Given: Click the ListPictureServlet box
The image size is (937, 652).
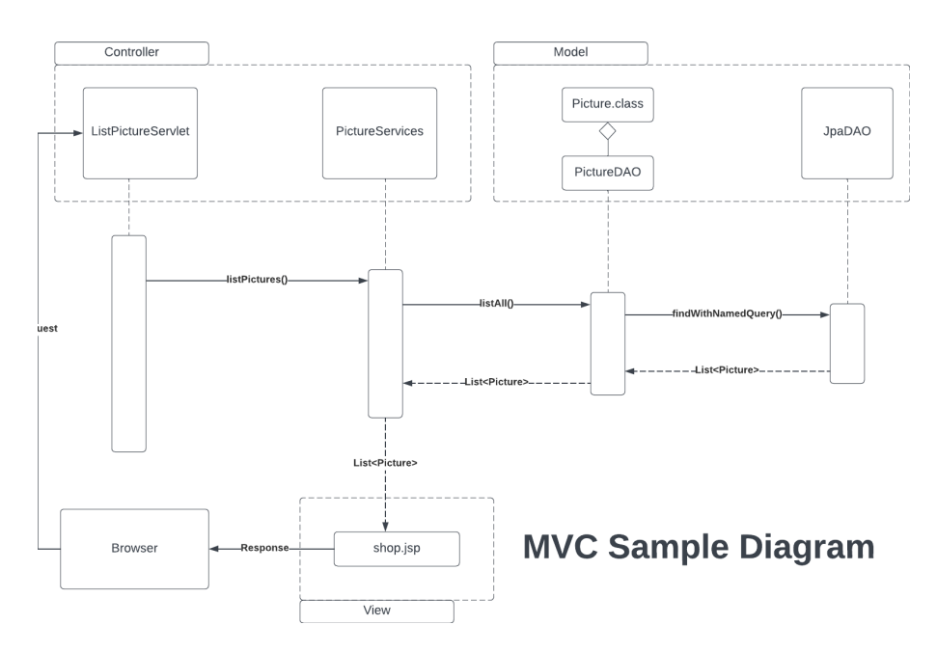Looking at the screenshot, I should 140,132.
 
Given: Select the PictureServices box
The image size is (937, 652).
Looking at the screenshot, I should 379,132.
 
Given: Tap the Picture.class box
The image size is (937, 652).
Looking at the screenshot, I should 608,104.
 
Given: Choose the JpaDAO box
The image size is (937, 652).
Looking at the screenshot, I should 847,132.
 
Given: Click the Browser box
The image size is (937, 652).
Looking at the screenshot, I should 134,549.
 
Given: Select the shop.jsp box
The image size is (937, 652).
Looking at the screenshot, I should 396,549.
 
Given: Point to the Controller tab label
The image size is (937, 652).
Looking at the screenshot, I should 131,52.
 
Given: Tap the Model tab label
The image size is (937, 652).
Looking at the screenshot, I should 570,52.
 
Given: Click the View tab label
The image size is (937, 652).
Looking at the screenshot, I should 376,611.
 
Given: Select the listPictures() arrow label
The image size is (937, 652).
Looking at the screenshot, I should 258,281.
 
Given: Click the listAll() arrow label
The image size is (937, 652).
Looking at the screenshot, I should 496,304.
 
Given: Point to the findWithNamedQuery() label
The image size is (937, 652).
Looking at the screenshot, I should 725,314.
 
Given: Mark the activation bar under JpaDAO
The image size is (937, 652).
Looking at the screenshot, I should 847,343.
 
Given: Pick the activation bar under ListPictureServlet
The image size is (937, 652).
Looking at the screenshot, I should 128,342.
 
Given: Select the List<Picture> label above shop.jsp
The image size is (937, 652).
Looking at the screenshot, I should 385,463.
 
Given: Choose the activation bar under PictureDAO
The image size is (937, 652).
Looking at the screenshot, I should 608,342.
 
